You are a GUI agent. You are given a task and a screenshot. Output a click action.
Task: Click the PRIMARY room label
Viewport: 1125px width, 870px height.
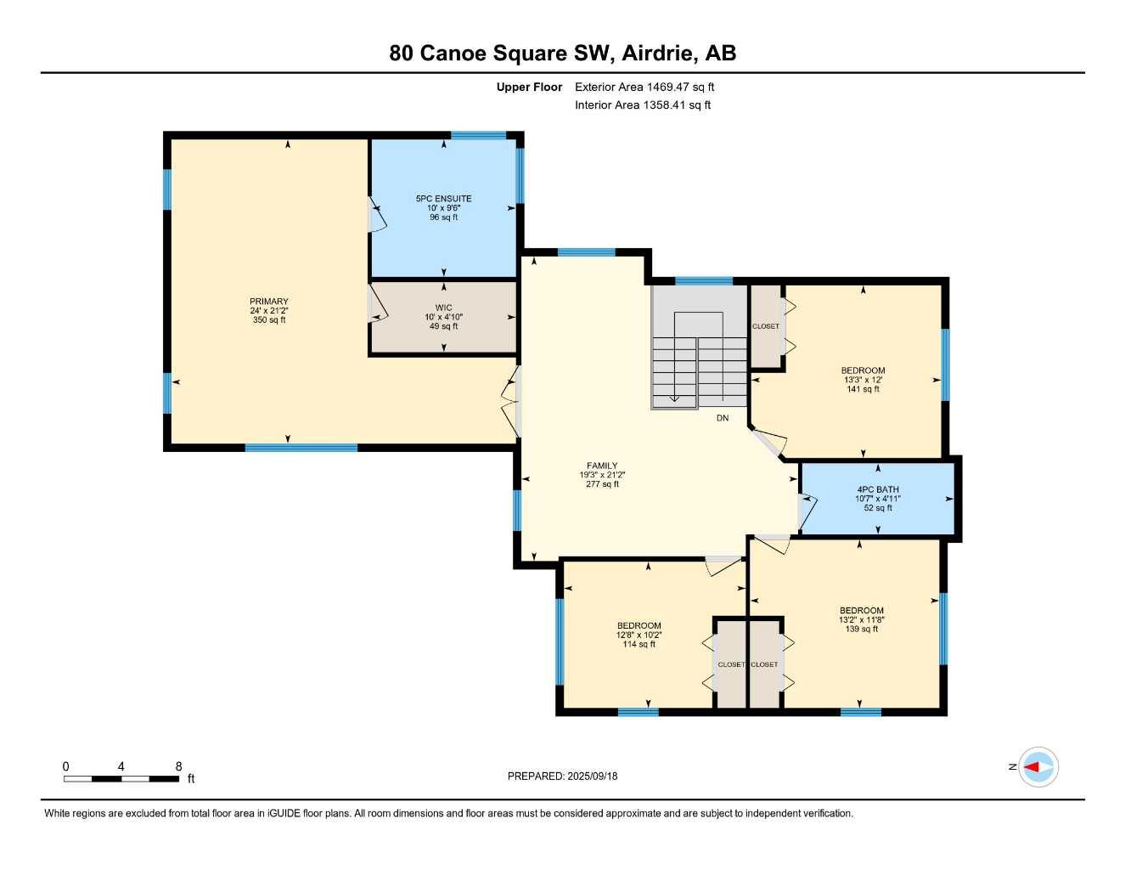point(269,302)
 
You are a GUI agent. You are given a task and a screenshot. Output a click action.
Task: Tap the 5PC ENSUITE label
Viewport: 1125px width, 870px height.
point(443,199)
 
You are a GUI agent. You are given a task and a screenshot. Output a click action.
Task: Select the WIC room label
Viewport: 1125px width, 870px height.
point(443,308)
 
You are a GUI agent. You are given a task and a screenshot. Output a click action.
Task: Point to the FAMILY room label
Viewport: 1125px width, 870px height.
point(602,466)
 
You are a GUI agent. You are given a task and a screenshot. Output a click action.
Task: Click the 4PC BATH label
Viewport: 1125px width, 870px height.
point(877,489)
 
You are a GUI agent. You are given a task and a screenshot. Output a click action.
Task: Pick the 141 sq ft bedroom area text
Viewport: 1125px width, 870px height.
point(863,389)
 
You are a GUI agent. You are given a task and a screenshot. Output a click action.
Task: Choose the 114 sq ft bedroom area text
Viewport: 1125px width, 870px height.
point(638,644)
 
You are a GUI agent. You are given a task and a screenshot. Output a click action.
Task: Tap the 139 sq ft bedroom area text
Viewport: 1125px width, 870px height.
point(861,629)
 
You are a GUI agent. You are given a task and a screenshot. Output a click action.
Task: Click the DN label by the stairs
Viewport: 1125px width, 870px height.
point(723,418)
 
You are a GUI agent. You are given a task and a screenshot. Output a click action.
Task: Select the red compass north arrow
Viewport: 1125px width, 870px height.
point(1032,767)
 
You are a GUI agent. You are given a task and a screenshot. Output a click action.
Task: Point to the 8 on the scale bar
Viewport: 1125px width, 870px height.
point(178,766)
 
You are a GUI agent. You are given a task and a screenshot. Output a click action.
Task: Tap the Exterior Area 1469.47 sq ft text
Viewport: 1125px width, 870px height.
point(644,87)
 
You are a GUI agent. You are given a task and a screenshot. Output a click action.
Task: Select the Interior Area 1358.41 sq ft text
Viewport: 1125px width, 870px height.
point(643,105)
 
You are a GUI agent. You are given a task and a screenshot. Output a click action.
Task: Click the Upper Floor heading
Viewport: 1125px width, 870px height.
point(529,87)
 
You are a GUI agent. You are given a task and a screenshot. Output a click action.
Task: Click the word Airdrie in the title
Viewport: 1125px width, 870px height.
point(660,54)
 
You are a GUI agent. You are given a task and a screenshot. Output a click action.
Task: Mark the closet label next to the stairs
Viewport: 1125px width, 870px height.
point(765,326)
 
